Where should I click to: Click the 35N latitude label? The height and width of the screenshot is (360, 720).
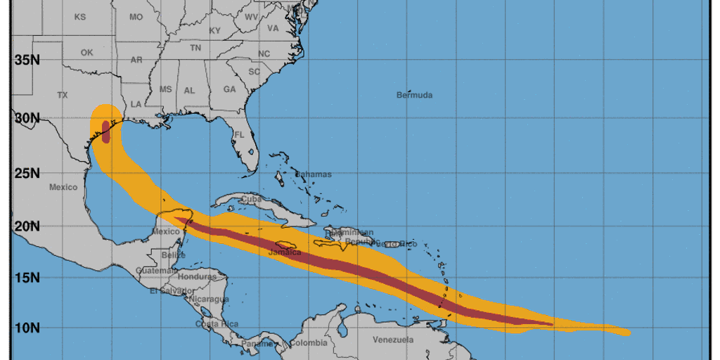27,60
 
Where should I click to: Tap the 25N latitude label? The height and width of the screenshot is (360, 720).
27,173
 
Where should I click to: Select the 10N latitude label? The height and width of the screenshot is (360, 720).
27,328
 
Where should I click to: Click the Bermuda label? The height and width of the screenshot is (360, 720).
414,95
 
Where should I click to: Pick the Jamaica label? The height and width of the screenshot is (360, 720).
285,252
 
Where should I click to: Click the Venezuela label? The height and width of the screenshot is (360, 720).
392,340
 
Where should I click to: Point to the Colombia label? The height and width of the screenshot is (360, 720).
309,343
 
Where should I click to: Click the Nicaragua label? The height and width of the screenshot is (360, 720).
209,300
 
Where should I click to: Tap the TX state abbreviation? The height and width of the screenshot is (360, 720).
62,95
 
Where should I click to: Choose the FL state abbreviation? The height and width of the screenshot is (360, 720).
239,134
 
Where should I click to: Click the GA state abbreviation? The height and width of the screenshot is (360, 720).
230,90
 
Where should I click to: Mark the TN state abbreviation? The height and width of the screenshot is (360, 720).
195,49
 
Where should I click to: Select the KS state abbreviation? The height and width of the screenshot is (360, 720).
79,16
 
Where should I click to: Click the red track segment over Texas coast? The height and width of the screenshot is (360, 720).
105,131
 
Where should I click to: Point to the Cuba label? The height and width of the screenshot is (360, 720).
251,199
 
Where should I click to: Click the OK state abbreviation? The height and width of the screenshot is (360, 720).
86,53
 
